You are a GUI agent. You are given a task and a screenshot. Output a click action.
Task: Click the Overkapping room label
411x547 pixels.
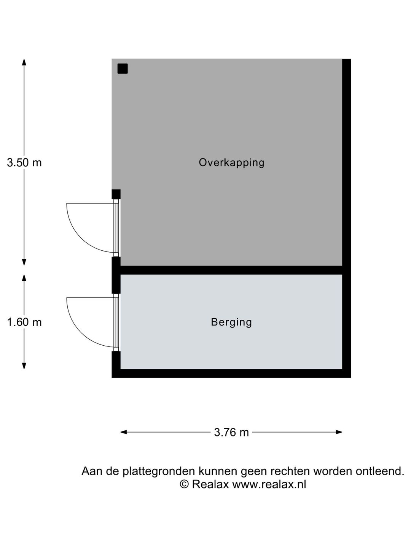coord(231,163)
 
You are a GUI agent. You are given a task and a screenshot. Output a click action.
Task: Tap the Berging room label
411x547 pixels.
coord(231,322)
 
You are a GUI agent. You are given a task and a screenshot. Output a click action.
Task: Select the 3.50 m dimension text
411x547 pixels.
coord(24,163)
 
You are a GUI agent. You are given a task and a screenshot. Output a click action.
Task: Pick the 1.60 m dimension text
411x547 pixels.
coord(24,322)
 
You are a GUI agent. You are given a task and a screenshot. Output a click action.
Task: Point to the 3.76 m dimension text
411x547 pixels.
coord(231,432)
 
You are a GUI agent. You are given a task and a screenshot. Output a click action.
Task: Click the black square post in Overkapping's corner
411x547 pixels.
coord(123,68)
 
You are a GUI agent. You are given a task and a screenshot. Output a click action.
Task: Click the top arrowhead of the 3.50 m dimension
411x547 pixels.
coord(24,62)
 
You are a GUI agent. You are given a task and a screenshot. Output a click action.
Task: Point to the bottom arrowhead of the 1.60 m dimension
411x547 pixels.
coord(24,365)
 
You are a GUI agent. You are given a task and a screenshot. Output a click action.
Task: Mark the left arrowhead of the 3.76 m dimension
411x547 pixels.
coord(124,432)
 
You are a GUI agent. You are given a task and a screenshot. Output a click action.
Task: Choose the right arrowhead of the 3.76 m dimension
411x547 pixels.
coord(339,432)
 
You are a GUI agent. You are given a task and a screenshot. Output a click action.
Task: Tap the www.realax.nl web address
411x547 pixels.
coord(269,484)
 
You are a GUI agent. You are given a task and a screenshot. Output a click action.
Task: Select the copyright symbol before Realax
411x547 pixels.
coord(184,484)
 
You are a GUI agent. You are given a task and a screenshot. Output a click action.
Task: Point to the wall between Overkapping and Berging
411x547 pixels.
coord(231,270)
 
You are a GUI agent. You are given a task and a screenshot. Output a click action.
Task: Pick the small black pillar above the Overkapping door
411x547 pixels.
coord(116,194)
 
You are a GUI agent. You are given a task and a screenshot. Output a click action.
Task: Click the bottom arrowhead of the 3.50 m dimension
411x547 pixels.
coord(24,262)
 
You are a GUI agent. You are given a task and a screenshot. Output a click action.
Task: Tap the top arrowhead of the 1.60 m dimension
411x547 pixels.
coord(24,278)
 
